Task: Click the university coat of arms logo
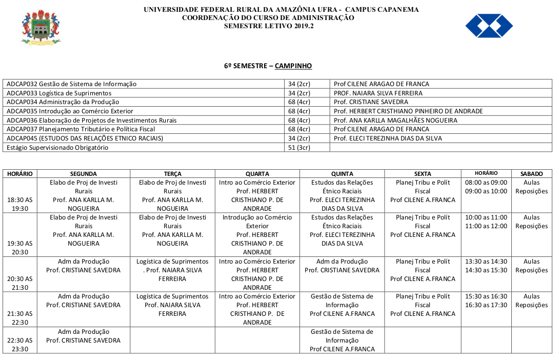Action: (x=41, y=27)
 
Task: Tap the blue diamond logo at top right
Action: (x=489, y=26)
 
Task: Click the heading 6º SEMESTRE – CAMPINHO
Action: (x=268, y=66)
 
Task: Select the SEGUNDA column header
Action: (x=84, y=174)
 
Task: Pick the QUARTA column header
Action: (x=257, y=174)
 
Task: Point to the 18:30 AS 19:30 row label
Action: (x=19, y=204)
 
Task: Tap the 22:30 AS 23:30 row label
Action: (x=19, y=344)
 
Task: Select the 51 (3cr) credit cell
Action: (x=299, y=148)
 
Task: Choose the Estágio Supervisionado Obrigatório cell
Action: (x=57, y=148)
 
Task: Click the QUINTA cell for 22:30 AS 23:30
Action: (x=342, y=341)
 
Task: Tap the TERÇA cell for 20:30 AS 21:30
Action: (x=172, y=270)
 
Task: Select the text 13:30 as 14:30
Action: (x=486, y=262)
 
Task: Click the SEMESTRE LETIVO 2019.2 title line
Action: (x=268, y=26)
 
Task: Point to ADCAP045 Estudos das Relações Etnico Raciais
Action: (x=85, y=138)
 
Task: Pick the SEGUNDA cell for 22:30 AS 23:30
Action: (x=84, y=336)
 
